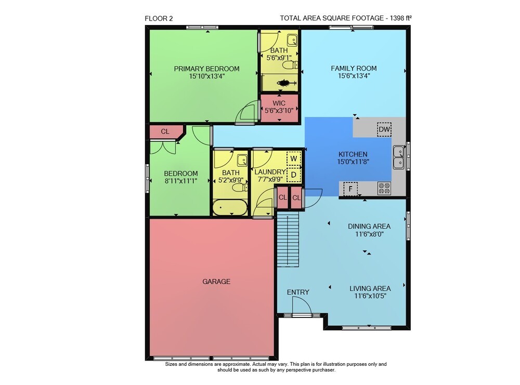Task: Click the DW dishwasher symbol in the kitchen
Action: click(384, 129)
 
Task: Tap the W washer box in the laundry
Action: click(293, 158)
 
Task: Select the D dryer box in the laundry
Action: click(293, 175)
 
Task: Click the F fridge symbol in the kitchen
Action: click(350, 189)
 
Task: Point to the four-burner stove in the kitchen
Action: click(384, 189)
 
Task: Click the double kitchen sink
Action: click(399, 157)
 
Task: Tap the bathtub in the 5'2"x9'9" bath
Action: click(230, 207)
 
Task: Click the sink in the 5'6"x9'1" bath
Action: click(292, 41)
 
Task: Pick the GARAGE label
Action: click(216, 282)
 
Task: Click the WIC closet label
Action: click(279, 103)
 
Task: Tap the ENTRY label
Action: click(298, 292)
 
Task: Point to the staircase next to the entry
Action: click(288, 240)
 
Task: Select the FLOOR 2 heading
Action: click(159, 19)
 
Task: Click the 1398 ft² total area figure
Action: click(400, 18)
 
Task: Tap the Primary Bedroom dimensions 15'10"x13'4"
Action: click(207, 76)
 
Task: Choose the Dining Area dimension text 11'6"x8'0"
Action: click(369, 234)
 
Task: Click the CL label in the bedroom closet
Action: click(165, 131)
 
